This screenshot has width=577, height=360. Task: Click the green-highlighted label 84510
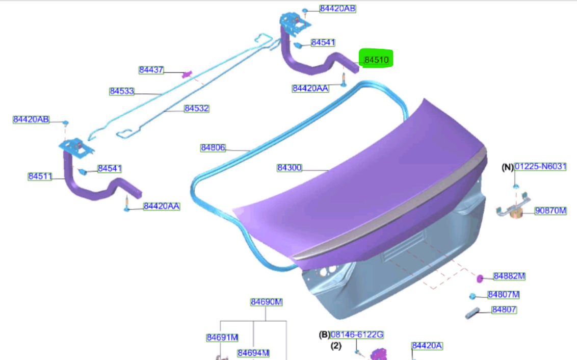(376, 59)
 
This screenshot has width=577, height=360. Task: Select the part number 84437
(151, 70)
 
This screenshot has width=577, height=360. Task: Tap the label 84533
(122, 91)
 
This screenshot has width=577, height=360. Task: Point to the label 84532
(197, 109)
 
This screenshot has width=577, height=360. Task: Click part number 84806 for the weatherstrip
(213, 148)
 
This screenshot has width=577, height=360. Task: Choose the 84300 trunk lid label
(289, 168)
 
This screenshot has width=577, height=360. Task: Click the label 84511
(40, 176)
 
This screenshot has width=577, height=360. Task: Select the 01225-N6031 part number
(540, 167)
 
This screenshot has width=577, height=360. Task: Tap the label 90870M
(550, 211)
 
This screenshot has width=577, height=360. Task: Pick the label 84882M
(509, 276)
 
